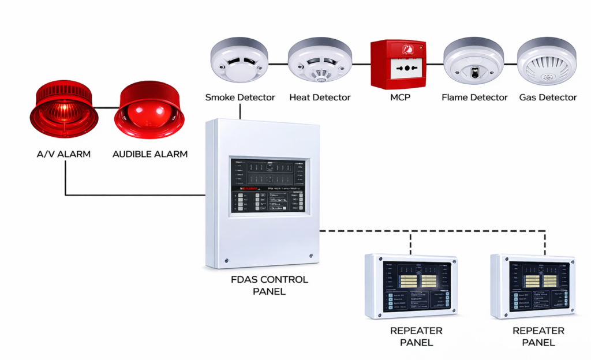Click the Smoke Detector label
point(240,97)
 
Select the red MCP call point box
point(398,64)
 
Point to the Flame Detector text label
point(474,97)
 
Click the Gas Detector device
point(547,63)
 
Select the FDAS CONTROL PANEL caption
point(269,286)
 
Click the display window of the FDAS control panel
point(268,186)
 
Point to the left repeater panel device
point(410,286)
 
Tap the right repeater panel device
point(533,286)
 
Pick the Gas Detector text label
point(548,97)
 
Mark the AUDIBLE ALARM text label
point(150,154)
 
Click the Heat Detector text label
point(320,97)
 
